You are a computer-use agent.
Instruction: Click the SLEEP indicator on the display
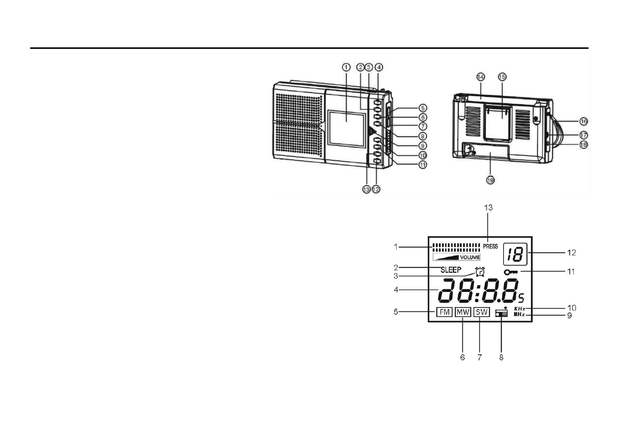(x=451, y=270)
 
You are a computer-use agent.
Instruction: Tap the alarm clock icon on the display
(x=480, y=272)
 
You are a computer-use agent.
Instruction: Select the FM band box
(x=444, y=312)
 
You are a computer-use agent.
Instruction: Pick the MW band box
(x=463, y=312)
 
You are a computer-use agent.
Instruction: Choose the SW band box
(x=481, y=312)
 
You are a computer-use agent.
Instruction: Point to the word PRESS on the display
(x=490, y=246)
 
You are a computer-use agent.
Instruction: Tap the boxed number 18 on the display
(x=515, y=254)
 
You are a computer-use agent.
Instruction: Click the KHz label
(x=519, y=309)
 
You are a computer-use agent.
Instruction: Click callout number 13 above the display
(x=488, y=208)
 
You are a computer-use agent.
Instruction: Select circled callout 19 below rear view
(x=490, y=180)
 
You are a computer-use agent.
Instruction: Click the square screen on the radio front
(x=90, y=128)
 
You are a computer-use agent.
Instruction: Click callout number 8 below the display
(x=501, y=357)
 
